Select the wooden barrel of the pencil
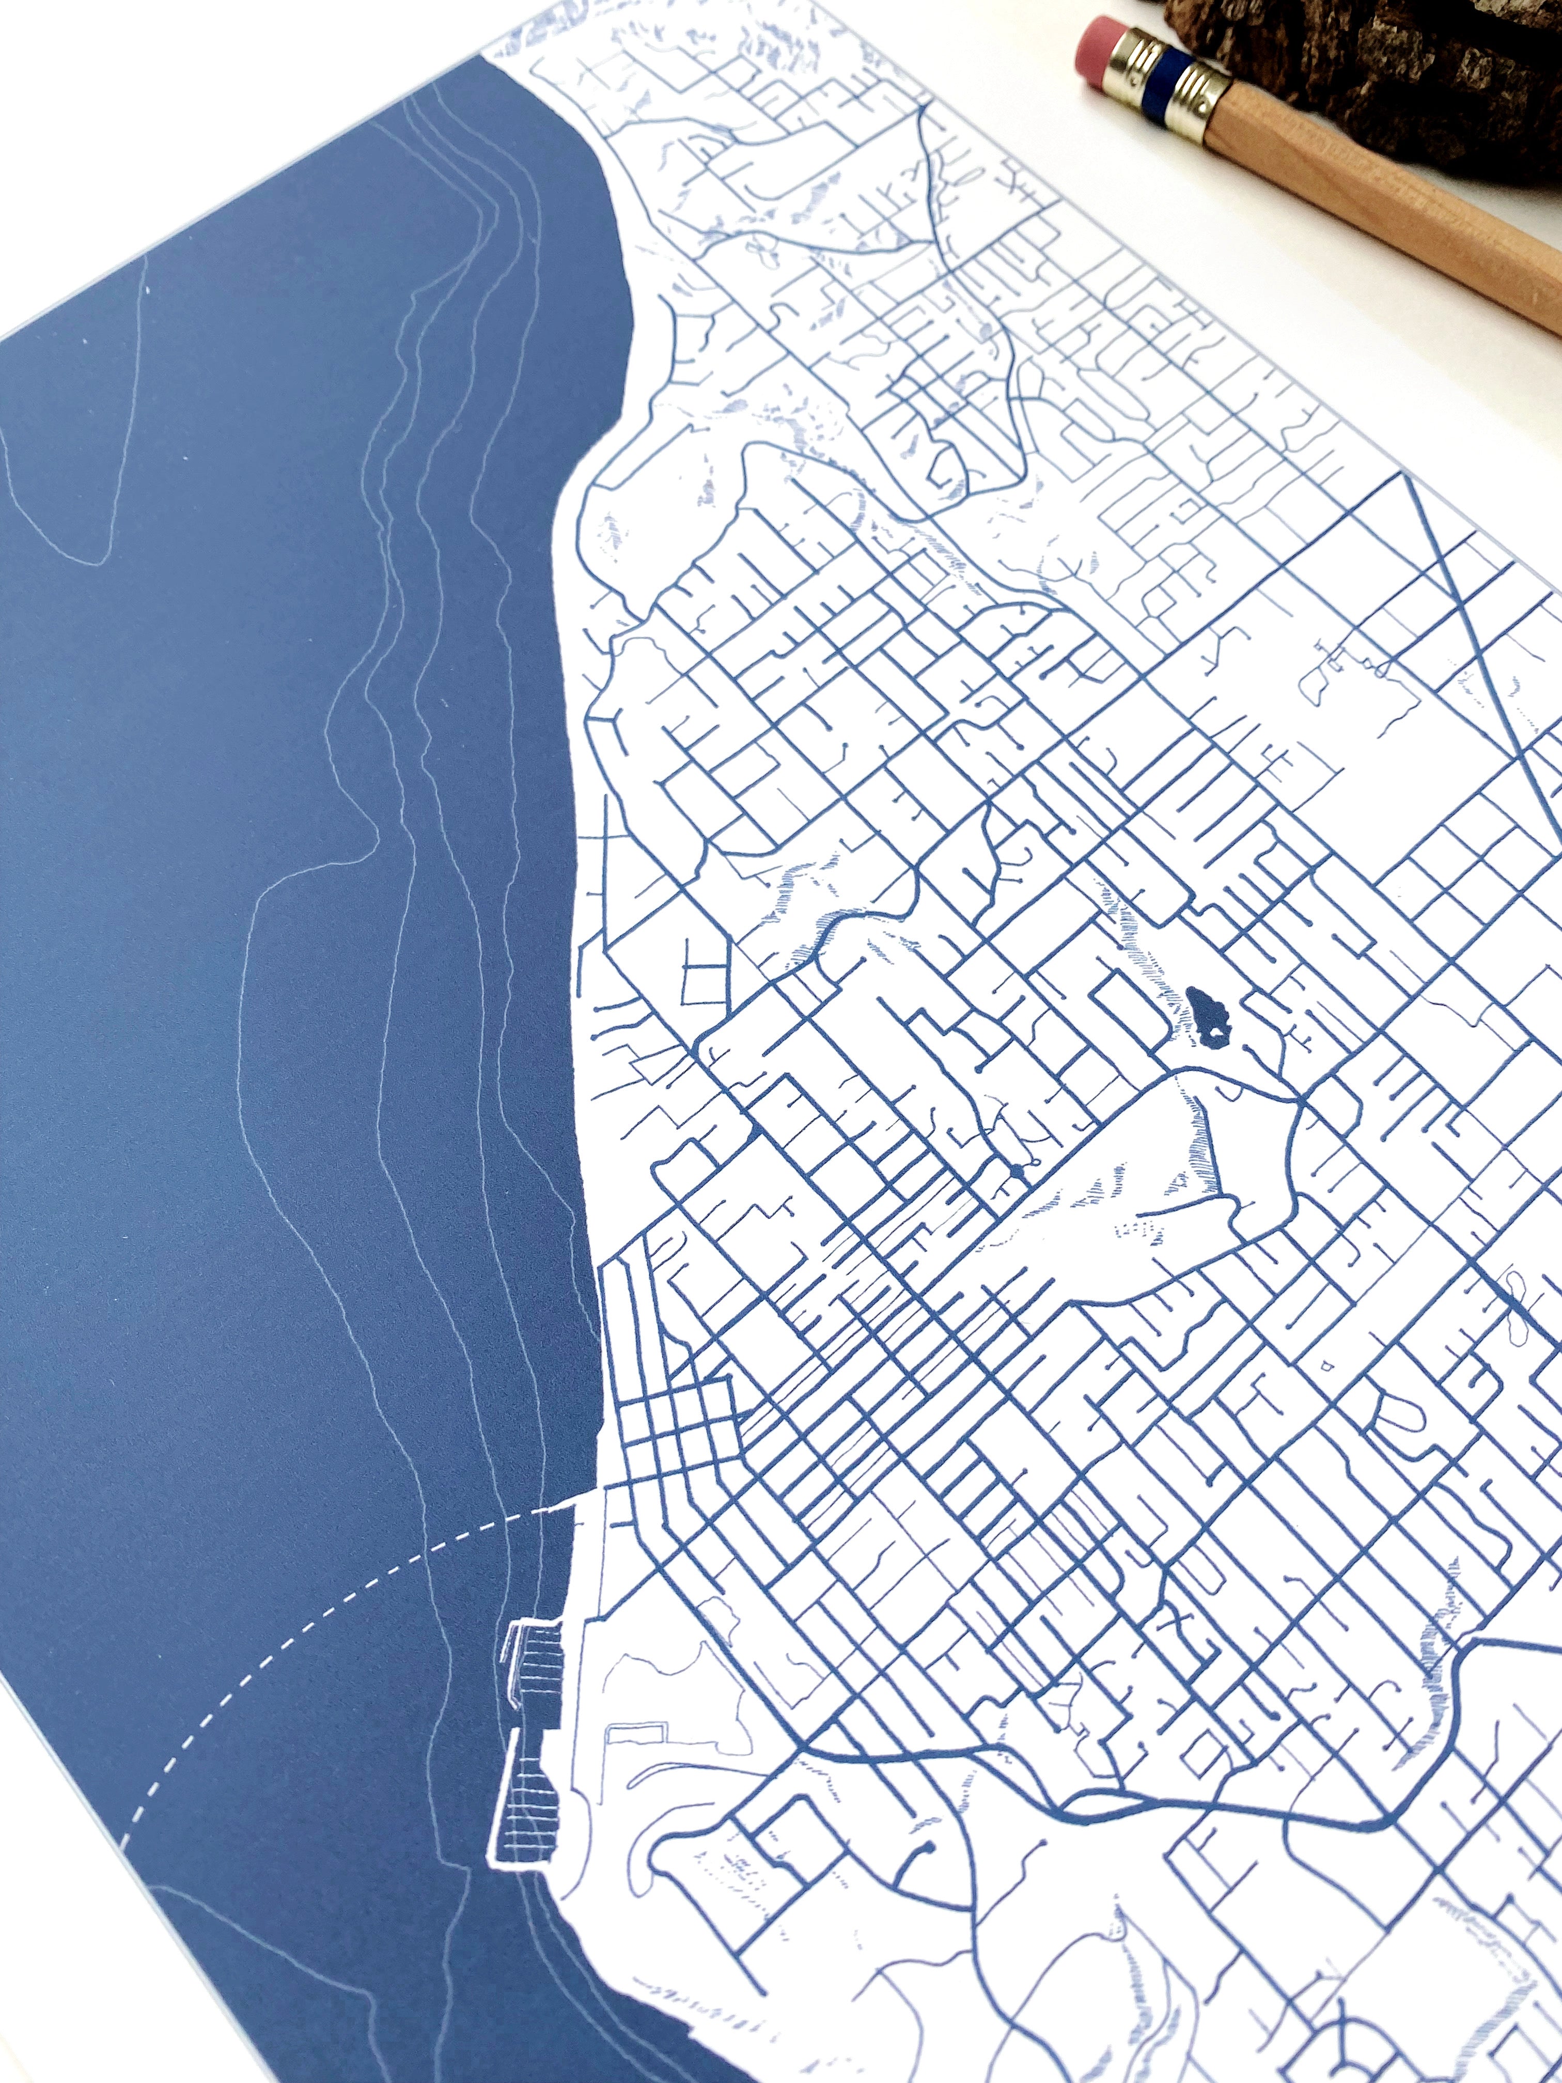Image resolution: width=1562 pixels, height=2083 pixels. coord(1394,189)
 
